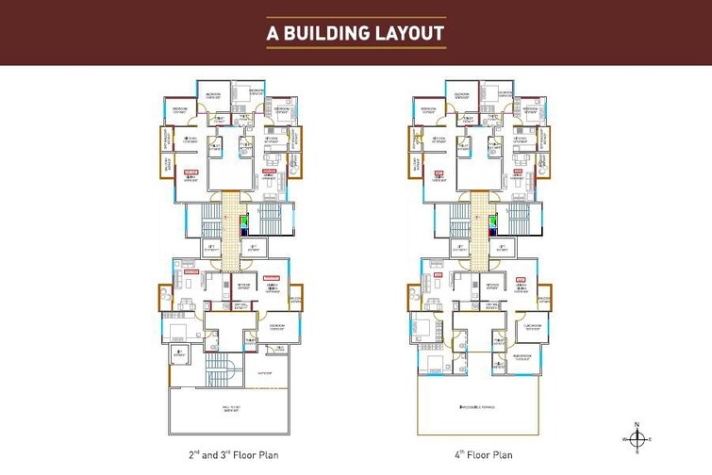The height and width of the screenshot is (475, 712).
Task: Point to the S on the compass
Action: point(638,451)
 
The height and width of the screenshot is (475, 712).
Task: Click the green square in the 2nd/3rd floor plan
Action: point(243,222)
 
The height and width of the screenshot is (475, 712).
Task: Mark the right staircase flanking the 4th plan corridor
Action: point(520,221)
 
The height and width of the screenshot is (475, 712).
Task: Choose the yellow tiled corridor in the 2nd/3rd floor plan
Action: point(230,226)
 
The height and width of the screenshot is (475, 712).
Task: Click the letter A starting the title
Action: point(273,34)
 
